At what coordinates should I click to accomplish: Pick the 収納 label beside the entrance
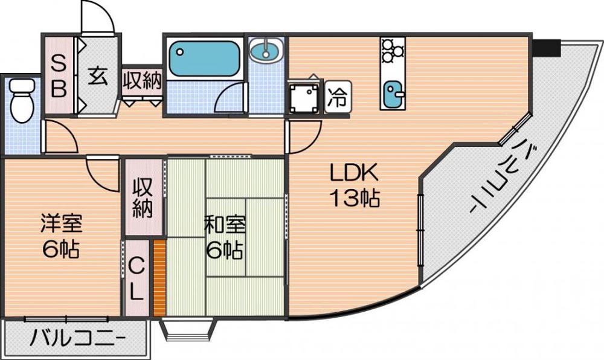(x=143, y=82)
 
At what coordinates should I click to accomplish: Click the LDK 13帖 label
(x=353, y=186)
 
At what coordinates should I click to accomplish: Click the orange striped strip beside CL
(x=159, y=278)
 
